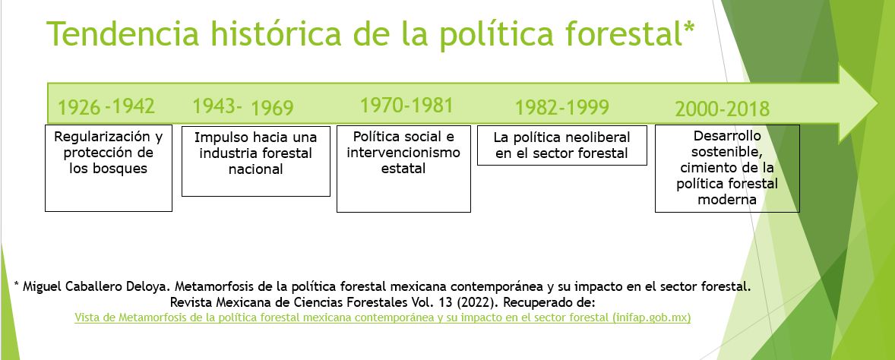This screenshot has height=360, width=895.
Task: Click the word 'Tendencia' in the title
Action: point(123,34)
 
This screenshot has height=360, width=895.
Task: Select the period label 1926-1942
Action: point(106,106)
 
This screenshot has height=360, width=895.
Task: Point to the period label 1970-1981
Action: point(406,106)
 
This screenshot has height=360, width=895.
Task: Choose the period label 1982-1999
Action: point(562,107)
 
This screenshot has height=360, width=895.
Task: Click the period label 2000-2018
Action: point(722,109)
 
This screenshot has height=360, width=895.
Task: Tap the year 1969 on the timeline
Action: point(272,108)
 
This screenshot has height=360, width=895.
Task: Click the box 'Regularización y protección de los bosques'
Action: point(109,168)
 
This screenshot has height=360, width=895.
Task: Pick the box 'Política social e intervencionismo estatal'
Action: point(403,169)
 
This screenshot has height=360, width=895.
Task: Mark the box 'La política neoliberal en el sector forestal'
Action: point(562,146)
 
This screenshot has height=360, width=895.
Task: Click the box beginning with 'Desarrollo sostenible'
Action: point(727,169)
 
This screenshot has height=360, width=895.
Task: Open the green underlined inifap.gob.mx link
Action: point(382,317)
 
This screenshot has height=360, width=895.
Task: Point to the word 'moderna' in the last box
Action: point(727,200)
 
